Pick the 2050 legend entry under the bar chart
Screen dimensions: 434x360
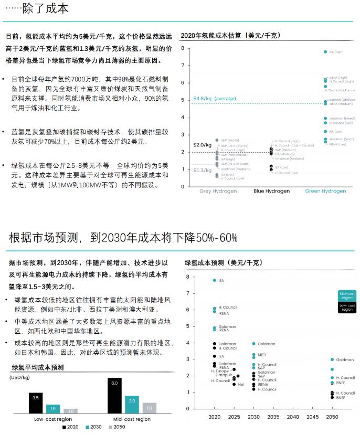[117, 427]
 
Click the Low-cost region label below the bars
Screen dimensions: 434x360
[53, 419]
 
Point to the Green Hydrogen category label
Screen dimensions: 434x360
[325, 191]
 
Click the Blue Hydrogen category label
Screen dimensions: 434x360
[271, 191]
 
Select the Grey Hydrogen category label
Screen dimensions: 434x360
[218, 191]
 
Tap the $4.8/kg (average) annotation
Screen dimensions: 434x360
[215, 99]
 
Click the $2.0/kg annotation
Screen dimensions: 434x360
[202, 144]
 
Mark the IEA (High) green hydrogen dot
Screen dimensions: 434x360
[325, 52]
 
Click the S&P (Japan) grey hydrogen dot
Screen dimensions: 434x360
[217, 140]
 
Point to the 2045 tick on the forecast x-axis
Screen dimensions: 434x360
[312, 417]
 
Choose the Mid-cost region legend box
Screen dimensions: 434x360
[347, 295]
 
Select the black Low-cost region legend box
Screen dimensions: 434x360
[347, 308]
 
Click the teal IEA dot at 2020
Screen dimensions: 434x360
[214, 281]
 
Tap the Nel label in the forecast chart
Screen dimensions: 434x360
[241, 385]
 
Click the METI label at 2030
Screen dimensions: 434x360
[261, 355]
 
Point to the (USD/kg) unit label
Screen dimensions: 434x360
[20, 377]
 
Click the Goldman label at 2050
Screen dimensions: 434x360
[345, 360]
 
